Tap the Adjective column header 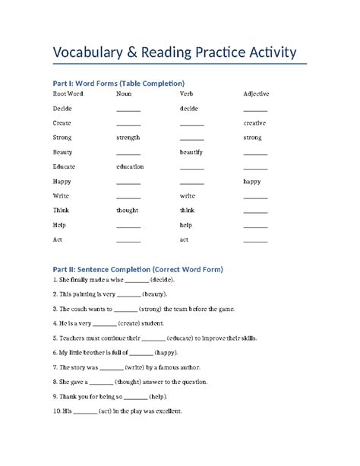(256, 94)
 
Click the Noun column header (123, 94)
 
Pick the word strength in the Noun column (128, 138)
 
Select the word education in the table (130, 166)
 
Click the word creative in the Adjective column (254, 123)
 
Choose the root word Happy (62, 181)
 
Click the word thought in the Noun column (127, 210)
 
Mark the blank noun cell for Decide (128, 109)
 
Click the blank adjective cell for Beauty (255, 153)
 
